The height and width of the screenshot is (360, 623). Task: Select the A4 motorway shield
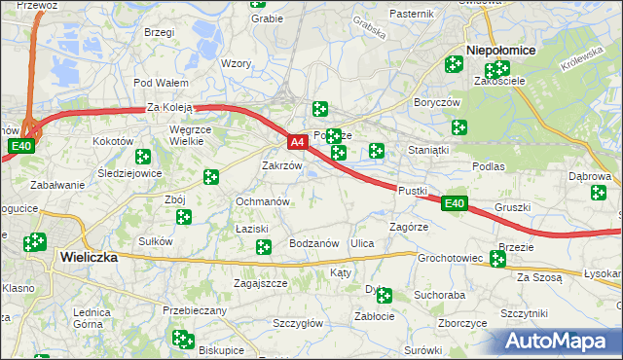coord(299,143)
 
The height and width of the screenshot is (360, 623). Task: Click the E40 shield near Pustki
coord(454,203)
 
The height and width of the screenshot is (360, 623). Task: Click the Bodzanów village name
coord(313,243)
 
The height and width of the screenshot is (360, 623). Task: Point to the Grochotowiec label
coord(451,259)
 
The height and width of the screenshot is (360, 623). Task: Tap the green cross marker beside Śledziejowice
coord(143,156)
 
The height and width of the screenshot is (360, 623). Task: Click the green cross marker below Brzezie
coord(498,259)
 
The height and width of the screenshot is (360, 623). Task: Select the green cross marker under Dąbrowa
coord(598,193)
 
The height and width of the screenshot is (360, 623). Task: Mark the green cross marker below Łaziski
coord(263,248)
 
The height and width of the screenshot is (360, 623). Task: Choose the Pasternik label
coord(411,14)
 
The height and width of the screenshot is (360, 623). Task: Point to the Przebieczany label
coord(195,310)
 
